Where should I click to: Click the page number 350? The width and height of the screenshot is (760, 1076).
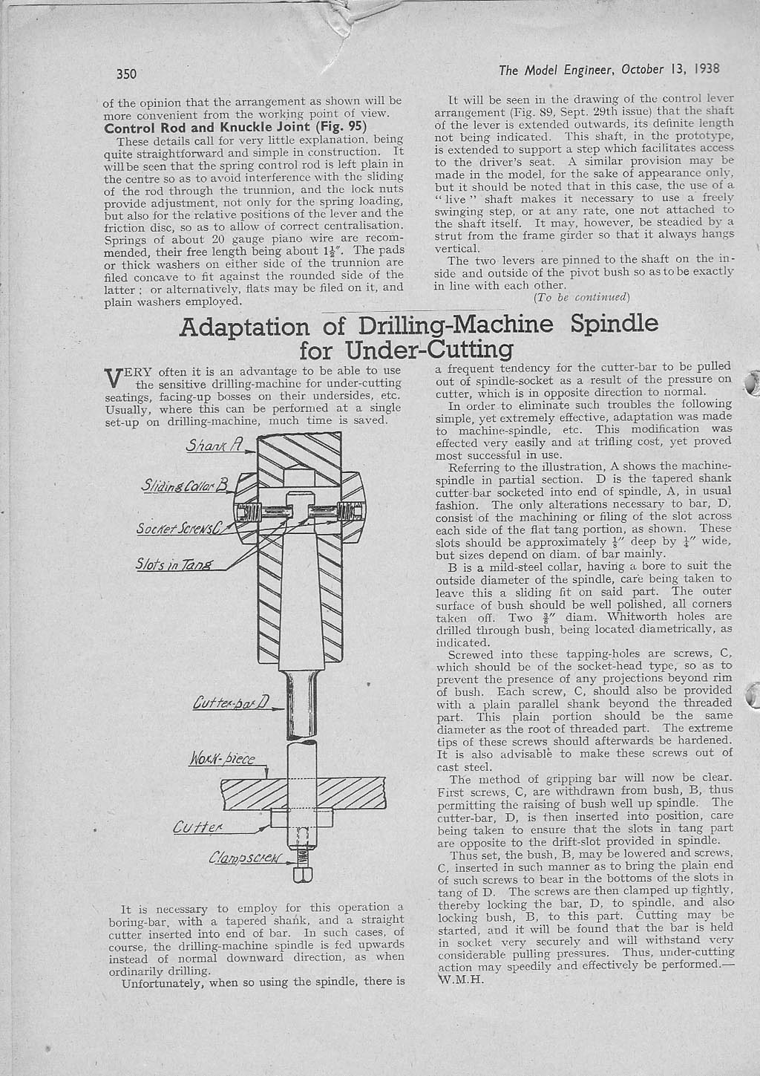(128, 74)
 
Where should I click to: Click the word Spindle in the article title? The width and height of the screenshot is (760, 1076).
(615, 324)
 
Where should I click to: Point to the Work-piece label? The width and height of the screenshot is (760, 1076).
(223, 760)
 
